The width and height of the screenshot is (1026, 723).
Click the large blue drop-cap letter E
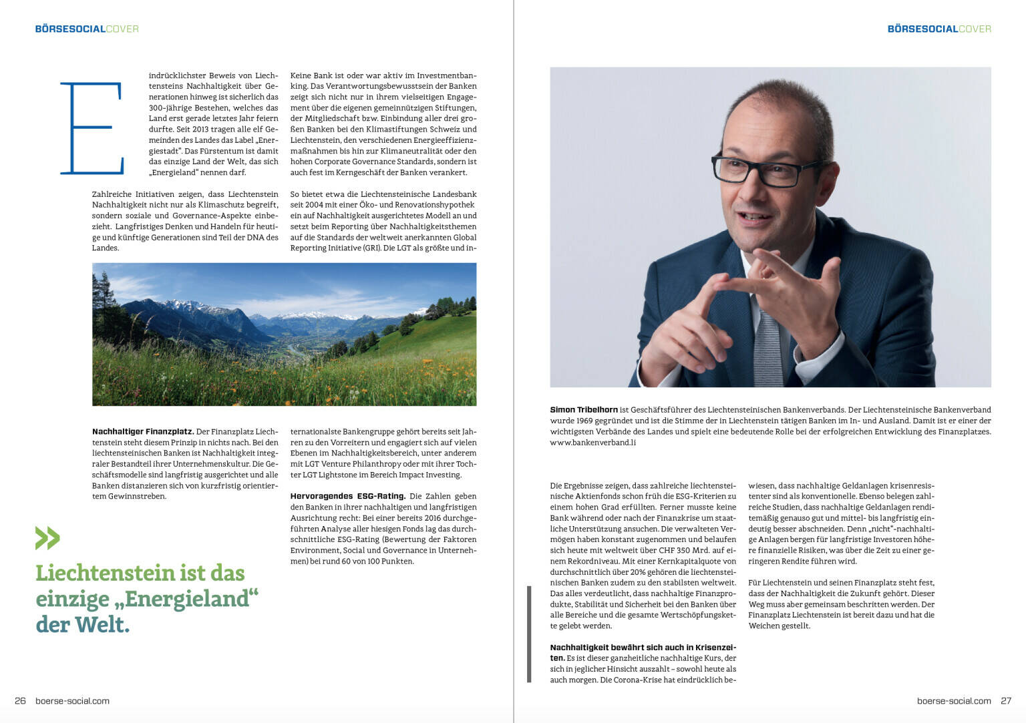point(92,128)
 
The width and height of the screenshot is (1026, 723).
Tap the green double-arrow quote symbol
point(47,538)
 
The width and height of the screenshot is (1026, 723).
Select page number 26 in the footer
point(20,701)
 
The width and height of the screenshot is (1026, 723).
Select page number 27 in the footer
point(1006,701)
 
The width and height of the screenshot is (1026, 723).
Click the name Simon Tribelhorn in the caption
point(584,410)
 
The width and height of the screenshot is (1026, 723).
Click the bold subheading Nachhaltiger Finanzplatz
point(143,432)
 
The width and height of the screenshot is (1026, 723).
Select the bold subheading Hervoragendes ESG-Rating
point(347,497)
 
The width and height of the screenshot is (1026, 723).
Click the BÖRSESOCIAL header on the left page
point(70,29)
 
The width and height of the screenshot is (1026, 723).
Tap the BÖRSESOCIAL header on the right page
point(922,29)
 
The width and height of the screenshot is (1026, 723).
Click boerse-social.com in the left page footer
point(72,701)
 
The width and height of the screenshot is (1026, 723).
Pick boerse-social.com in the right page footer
point(954,701)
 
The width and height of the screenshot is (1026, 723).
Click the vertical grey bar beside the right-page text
point(529,634)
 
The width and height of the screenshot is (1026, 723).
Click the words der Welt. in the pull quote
point(83,625)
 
